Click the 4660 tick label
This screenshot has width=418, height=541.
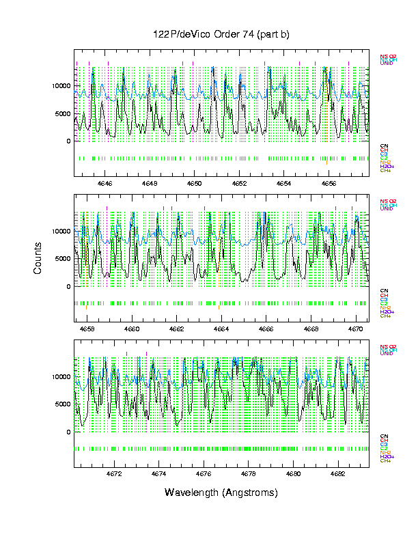pos(131,329)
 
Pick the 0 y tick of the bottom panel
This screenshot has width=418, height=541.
pos(67,432)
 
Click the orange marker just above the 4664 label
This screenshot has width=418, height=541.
pos(219,308)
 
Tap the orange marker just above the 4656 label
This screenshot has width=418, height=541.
pos(326,163)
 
